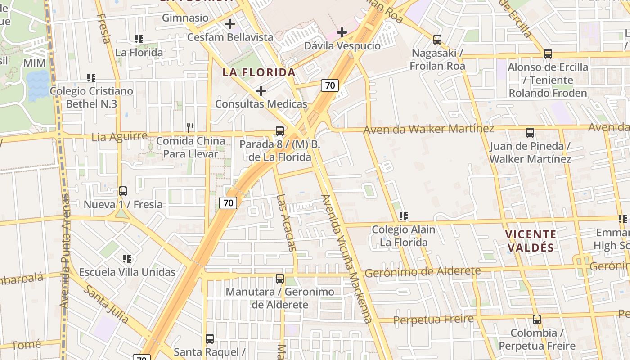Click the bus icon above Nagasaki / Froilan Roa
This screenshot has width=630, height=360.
(x=437, y=40)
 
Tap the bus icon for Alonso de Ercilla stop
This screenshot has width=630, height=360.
(x=548, y=54)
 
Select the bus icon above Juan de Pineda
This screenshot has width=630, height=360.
(x=530, y=133)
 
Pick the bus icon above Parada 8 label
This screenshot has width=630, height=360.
(x=279, y=131)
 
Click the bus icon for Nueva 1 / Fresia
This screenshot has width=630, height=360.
(x=123, y=191)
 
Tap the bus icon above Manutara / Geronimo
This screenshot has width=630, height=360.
(x=279, y=279)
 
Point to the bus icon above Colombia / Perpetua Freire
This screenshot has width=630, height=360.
(x=536, y=319)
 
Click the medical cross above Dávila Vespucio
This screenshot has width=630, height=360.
(x=342, y=32)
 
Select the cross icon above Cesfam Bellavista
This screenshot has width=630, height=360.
(x=230, y=23)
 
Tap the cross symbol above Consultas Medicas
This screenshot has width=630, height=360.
(x=261, y=91)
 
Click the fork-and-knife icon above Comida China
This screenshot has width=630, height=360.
(x=190, y=128)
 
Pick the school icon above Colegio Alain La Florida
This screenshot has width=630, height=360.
(x=404, y=216)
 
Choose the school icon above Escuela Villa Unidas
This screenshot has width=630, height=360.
(x=127, y=259)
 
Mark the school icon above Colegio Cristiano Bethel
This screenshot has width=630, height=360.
(x=91, y=78)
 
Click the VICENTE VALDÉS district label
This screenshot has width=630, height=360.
(x=530, y=240)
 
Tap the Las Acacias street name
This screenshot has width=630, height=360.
(x=287, y=222)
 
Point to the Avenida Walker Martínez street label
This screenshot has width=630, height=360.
(x=428, y=129)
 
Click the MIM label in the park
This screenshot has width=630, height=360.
(x=34, y=63)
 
